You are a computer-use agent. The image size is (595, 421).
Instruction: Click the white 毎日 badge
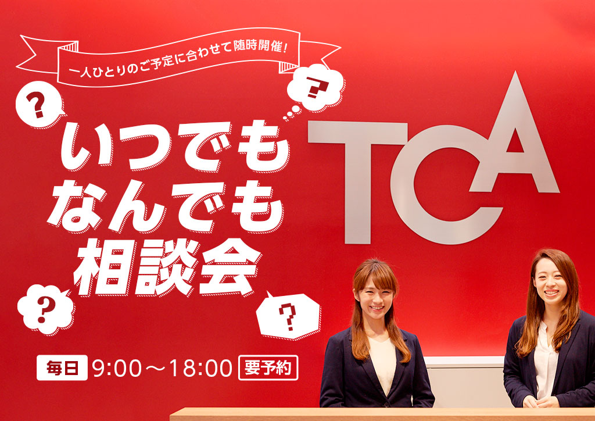click(x=62, y=368)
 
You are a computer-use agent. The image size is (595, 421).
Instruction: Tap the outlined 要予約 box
click(x=268, y=368)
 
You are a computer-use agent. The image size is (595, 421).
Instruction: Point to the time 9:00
click(x=116, y=368)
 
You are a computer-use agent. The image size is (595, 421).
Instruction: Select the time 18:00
click(x=200, y=368)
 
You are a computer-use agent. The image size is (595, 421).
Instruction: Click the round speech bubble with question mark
click(x=39, y=105)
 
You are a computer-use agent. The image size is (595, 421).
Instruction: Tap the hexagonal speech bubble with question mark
click(x=288, y=315)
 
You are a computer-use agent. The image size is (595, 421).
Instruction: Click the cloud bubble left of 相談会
click(x=45, y=309)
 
